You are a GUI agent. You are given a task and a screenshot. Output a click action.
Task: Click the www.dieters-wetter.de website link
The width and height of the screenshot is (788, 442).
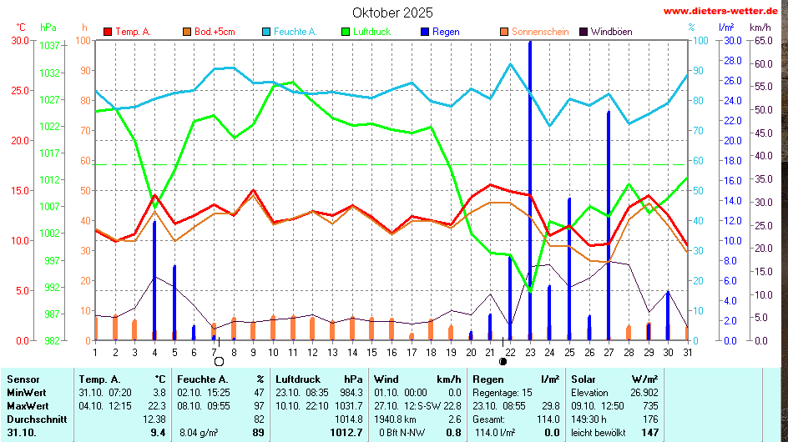(725, 11)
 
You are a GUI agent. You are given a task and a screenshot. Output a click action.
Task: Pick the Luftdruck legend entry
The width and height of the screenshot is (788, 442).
(371, 32)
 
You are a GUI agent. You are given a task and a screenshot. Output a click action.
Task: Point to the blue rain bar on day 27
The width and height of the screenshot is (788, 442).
(609, 225)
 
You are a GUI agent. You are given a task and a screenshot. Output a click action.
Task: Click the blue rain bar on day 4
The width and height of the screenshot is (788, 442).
(154, 279)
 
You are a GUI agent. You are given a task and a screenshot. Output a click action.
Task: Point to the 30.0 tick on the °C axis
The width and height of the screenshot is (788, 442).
(19, 40)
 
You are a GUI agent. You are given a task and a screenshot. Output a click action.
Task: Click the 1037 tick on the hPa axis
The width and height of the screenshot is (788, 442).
(51, 46)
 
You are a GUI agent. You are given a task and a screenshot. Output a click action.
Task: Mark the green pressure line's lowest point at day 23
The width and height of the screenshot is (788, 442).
(529, 289)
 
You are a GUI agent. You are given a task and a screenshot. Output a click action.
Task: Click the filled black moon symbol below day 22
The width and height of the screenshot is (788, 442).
(503, 362)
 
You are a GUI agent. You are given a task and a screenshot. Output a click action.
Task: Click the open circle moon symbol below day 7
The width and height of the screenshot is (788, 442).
(219, 362)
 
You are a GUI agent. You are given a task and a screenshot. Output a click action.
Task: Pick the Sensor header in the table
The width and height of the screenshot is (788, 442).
(23, 379)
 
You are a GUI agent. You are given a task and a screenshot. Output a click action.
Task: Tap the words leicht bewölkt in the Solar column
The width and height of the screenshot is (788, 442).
(599, 432)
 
